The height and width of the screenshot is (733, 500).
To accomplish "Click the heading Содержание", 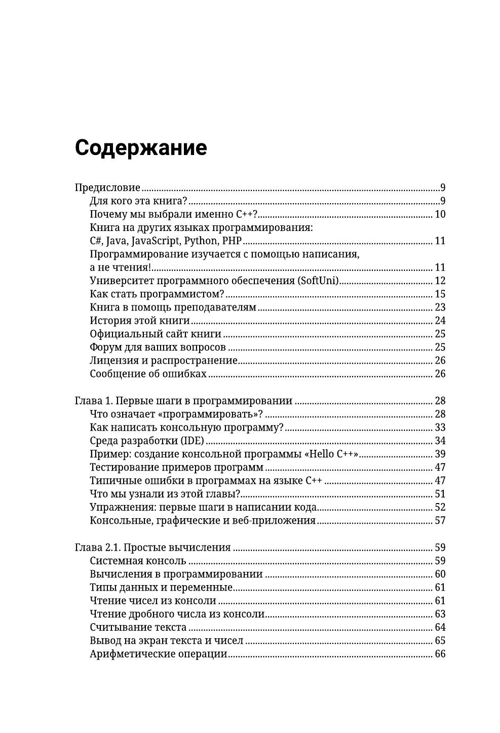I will pos(140,148).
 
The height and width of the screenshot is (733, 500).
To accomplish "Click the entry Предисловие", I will pos(107,187).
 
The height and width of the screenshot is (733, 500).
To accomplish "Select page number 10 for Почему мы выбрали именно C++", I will pos(440,214).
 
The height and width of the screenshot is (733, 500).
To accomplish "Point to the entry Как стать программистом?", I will pos(157,294).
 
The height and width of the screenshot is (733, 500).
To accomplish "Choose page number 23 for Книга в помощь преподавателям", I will pos(440,307).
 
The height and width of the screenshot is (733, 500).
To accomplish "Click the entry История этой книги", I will pos(139,321).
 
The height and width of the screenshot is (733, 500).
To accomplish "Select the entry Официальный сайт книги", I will pos(156,334).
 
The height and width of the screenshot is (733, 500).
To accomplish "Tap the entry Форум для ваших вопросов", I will pos(158,347).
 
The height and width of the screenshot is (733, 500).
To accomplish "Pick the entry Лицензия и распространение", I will pos(164,361).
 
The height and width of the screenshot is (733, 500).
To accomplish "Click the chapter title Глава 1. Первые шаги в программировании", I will pos(183,401).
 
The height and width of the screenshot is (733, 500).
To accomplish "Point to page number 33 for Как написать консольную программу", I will pos(440,428).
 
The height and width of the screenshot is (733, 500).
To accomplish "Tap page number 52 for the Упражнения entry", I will pos(440,507).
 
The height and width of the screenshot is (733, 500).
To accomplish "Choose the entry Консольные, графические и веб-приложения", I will pos(203,520).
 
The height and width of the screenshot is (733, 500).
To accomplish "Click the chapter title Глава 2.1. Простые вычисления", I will pos(152,548).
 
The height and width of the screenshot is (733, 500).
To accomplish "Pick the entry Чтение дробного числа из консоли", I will pos(177,614).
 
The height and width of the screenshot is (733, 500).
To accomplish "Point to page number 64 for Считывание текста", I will pos(440,628).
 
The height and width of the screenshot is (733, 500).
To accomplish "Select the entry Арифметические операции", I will pos(158,654).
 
